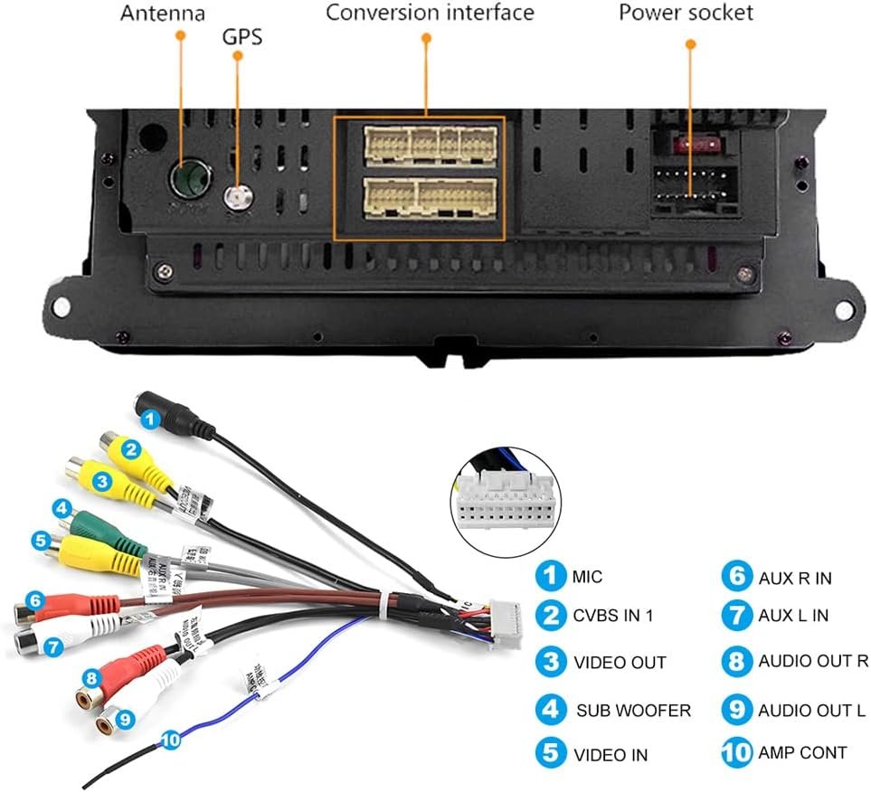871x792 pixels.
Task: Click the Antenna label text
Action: tap(162, 14)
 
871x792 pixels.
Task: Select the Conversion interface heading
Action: tap(430, 14)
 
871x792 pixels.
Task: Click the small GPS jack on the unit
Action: tap(239, 196)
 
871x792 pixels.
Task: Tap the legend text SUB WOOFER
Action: tap(633, 710)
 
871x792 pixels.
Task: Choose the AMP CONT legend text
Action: tap(802, 752)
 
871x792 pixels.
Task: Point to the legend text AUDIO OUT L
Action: tap(810, 710)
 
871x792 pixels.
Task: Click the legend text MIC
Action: tap(587, 577)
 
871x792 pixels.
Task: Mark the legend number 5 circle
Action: tap(550, 753)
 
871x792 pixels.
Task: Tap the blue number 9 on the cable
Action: tap(125, 719)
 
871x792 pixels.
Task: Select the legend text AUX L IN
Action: tap(794, 617)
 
